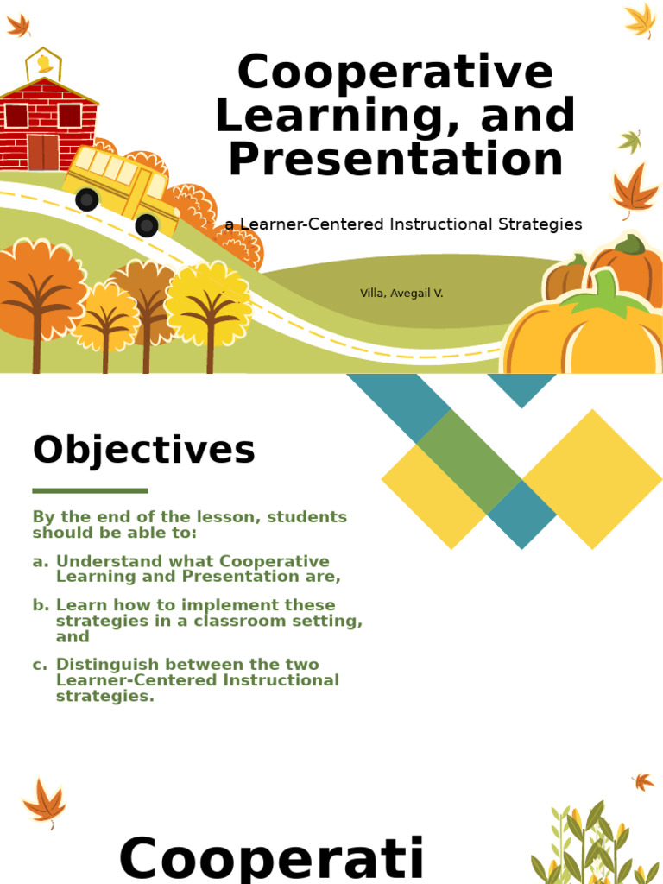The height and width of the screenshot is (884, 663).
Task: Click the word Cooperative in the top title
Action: [395, 73]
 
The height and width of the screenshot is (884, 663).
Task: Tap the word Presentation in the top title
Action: [395, 161]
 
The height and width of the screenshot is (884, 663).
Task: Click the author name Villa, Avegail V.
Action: [401, 294]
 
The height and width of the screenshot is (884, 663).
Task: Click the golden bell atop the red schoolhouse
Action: [44, 64]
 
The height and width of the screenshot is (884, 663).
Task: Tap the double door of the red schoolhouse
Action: [42, 152]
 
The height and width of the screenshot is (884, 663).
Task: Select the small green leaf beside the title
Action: [629, 141]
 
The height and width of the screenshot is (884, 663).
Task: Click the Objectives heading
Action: [144, 451]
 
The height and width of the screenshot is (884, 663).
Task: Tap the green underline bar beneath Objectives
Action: [90, 490]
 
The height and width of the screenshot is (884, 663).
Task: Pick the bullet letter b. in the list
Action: [41, 605]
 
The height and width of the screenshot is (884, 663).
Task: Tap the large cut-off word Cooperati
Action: [271, 860]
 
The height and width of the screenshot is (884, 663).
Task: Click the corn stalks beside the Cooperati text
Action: [587, 846]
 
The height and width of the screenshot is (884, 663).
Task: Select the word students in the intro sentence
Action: [306, 517]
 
